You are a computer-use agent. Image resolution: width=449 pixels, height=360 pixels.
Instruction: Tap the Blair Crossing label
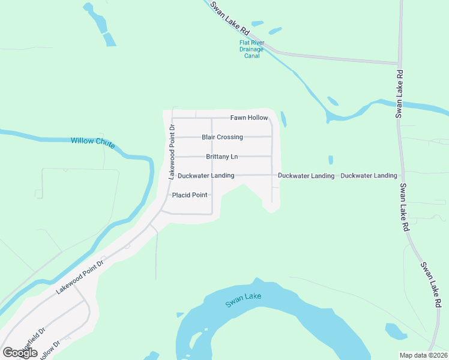pyautogui.click(x=222, y=137)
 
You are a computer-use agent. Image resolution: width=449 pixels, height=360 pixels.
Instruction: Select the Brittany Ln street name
pyautogui.click(x=222, y=157)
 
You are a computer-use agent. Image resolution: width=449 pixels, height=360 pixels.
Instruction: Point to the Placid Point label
pyautogui.click(x=190, y=195)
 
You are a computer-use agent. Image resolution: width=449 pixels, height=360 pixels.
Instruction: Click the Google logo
pyautogui.click(x=20, y=353)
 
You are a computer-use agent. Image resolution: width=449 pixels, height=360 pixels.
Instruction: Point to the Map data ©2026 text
pyautogui.click(x=423, y=355)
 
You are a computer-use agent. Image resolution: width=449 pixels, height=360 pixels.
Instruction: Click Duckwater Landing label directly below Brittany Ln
pyautogui.click(x=206, y=176)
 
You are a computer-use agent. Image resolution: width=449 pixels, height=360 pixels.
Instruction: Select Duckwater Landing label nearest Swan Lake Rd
pyautogui.click(x=369, y=176)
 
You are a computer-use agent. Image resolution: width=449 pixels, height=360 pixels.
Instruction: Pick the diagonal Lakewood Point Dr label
pyautogui.click(x=80, y=276)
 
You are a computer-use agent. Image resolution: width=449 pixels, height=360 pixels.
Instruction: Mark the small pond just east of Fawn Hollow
pyautogui.click(x=283, y=119)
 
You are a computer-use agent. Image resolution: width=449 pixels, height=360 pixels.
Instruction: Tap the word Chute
pyautogui.click(x=105, y=142)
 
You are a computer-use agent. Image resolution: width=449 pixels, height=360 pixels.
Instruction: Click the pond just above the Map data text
pyautogui.click(x=396, y=331)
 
